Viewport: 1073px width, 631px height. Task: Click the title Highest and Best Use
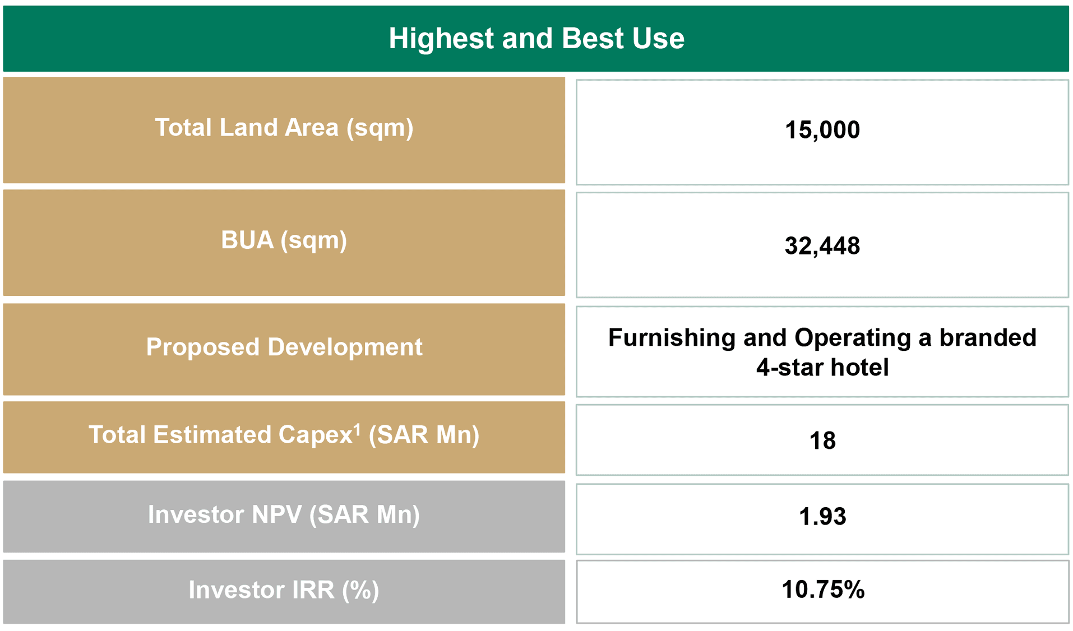pyautogui.click(x=536, y=39)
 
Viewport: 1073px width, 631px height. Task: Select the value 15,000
pyautogui.click(x=822, y=130)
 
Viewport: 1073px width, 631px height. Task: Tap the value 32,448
pyautogui.click(x=822, y=246)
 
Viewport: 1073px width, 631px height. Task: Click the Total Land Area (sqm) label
pyautogui.click(x=284, y=128)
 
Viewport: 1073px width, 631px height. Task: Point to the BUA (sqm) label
pyautogui.click(x=284, y=240)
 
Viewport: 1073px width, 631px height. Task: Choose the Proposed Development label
pyautogui.click(x=284, y=347)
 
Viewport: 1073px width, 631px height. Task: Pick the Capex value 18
pyautogui.click(x=822, y=441)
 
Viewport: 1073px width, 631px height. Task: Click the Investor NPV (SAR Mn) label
pyautogui.click(x=284, y=514)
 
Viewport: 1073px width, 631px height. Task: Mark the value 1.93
pyautogui.click(x=822, y=517)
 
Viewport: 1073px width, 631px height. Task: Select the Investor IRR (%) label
pyautogui.click(x=284, y=590)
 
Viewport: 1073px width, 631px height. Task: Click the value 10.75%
pyautogui.click(x=822, y=590)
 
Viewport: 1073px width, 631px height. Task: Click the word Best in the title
pyautogui.click(x=593, y=39)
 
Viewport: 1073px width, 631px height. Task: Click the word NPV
pyautogui.click(x=276, y=514)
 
